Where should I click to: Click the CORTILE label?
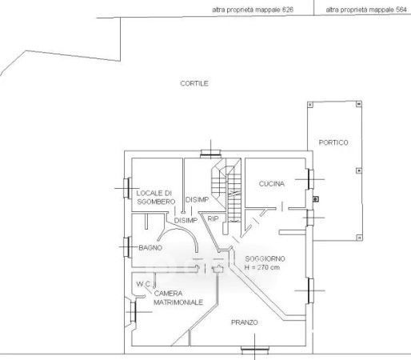[194, 83]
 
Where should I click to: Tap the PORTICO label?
[333, 142]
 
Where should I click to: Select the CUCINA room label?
[272, 184]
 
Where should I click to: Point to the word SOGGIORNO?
[265, 258]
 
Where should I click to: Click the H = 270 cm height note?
[262, 267]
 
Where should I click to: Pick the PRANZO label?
[245, 322]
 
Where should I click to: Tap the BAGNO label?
[150, 248]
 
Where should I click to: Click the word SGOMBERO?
[156, 202]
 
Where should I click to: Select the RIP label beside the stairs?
[213, 219]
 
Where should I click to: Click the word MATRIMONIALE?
[178, 302]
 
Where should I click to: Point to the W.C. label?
[144, 284]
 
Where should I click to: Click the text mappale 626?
[273, 10]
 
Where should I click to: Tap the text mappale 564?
[387, 10]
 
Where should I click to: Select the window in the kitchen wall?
[310, 179]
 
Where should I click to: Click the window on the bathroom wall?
[127, 247]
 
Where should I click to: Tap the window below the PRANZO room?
[255, 349]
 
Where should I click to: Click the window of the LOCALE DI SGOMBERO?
[127, 188]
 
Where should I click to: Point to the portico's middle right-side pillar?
[359, 170]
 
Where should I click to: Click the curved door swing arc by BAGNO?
[182, 229]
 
